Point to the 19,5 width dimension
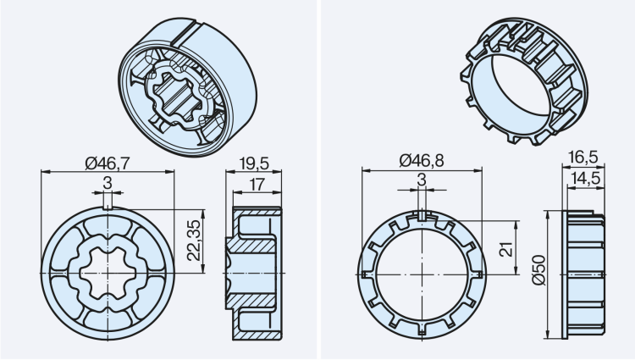tap(254, 162)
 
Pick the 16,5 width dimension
tap(583, 158)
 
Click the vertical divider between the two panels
tap(317, 180)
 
